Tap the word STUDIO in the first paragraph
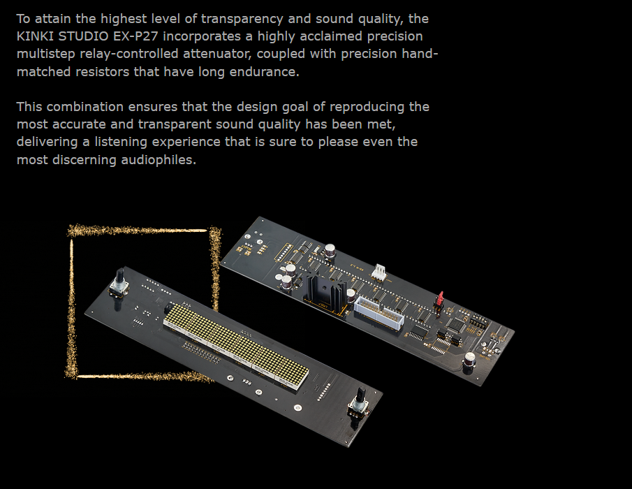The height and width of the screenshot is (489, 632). point(83,36)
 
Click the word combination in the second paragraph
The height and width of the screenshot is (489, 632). point(84,107)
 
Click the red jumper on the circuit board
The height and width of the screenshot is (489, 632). point(440,298)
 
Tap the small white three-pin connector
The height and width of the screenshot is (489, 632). point(379,272)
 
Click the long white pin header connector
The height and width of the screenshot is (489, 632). point(379,313)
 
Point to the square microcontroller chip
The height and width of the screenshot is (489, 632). point(456,324)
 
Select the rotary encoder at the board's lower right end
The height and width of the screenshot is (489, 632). point(359,403)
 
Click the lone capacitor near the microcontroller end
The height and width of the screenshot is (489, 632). point(469,359)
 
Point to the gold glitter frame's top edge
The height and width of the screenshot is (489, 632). point(137,231)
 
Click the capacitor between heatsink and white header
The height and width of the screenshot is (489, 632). point(351,297)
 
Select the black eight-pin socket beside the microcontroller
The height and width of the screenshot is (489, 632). point(479,321)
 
